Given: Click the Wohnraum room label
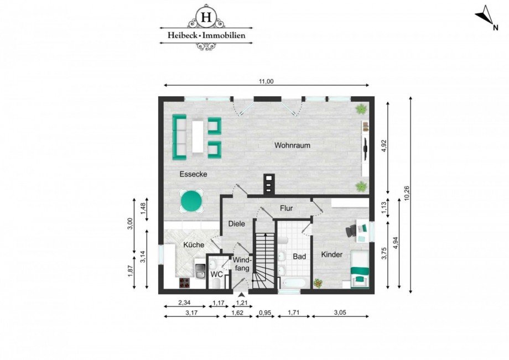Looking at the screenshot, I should [x=292, y=145].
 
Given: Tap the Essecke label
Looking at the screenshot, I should [x=193, y=174].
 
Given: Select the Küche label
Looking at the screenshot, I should [x=194, y=244].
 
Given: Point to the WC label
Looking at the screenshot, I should [x=217, y=273].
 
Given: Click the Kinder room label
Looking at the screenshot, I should [x=332, y=255].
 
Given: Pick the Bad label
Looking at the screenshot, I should [x=299, y=257].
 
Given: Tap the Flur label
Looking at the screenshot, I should [x=286, y=208].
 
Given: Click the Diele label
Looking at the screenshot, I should [x=237, y=224].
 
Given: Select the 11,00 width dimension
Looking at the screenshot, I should [x=267, y=81].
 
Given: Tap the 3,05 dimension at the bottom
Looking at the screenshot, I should [x=340, y=312].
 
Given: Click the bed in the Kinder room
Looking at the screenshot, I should [x=361, y=268].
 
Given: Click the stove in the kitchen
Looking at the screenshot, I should [x=185, y=283].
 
